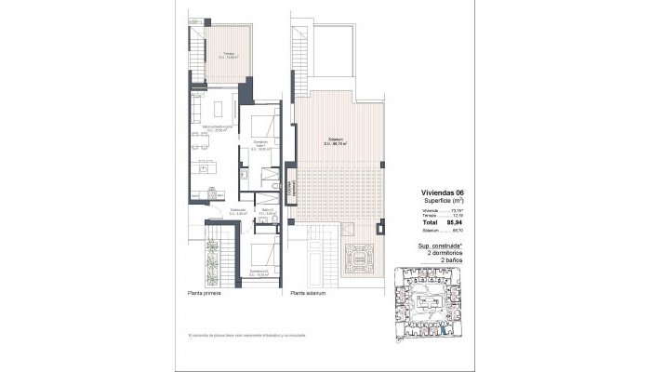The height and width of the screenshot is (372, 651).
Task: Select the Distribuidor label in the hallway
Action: click(238, 211)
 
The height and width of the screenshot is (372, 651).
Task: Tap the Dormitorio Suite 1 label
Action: click(261, 144)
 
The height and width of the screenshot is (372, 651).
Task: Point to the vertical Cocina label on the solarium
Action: click(291, 187)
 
